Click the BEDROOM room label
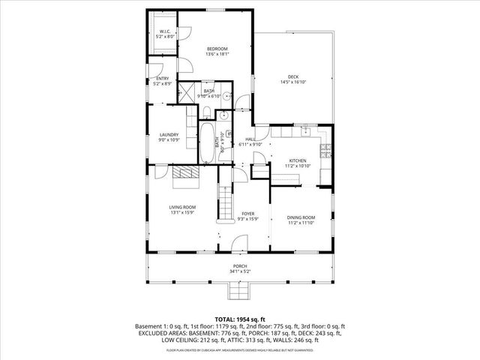coord(217,49)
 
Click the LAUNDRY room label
coord(169,135)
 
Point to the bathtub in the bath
coord(206,142)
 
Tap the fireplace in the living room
coord(184,178)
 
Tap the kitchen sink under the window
coord(307,132)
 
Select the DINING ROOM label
coord(301,217)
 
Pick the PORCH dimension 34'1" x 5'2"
coord(240,271)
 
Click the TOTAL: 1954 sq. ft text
coord(239,319)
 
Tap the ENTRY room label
coord(163,78)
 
